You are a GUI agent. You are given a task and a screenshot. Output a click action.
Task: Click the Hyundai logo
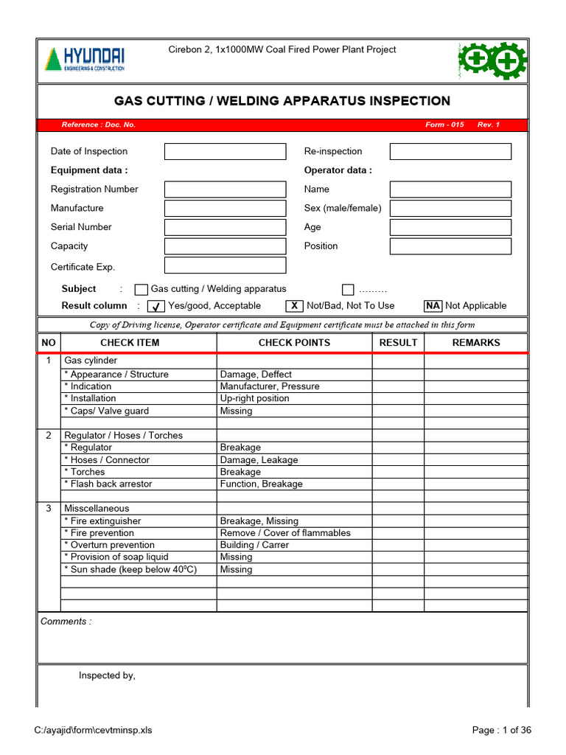pyautogui.click(x=85, y=59)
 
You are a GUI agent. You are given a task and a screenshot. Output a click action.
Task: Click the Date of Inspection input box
pyautogui.click(x=225, y=152)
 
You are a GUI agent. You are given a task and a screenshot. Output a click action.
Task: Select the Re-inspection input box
pyautogui.click(x=450, y=152)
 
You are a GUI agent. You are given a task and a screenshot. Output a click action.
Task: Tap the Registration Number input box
pyautogui.click(x=225, y=189)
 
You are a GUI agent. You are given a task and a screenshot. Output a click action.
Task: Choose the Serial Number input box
pyautogui.click(x=225, y=227)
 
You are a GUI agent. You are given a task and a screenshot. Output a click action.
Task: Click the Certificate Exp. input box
pyautogui.click(x=225, y=265)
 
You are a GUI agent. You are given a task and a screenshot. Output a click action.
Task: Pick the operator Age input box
pyautogui.click(x=450, y=227)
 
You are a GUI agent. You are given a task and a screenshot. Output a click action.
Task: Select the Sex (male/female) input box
pyautogui.click(x=450, y=209)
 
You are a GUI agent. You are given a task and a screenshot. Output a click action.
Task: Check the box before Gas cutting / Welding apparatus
pyautogui.click(x=141, y=290)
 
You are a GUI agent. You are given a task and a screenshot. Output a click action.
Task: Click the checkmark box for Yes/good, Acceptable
pyautogui.click(x=156, y=306)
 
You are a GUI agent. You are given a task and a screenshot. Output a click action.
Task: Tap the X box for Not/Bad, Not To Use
pyautogui.click(x=294, y=306)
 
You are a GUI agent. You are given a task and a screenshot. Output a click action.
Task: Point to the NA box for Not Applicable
pyautogui.click(x=433, y=306)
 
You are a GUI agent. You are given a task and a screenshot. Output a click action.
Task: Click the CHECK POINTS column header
pyautogui.click(x=294, y=343)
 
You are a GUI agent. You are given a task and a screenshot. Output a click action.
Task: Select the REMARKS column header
pyautogui.click(x=475, y=343)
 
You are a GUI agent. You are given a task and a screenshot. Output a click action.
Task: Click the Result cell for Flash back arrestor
pyautogui.click(x=398, y=484)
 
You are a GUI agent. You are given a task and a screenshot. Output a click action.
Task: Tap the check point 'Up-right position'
pyautogui.click(x=254, y=399)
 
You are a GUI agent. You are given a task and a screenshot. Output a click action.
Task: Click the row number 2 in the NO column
pyautogui.click(x=49, y=436)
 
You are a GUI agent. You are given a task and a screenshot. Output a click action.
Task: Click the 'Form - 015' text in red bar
pyautogui.click(x=444, y=125)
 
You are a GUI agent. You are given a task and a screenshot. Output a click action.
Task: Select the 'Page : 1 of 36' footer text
pyautogui.click(x=501, y=731)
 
